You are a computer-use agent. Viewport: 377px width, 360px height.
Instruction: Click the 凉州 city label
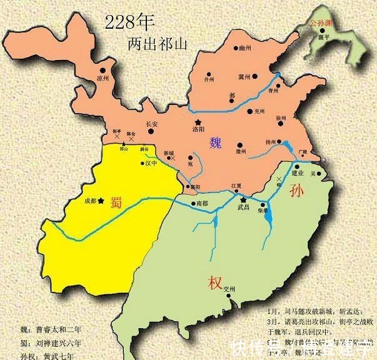tap(103, 79)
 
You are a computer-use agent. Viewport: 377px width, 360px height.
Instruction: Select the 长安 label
tap(152, 124)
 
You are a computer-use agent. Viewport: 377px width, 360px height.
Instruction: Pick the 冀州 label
tap(244, 77)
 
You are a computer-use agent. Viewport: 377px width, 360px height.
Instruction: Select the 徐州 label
tap(281, 118)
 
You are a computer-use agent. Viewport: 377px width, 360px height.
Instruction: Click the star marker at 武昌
tap(243, 199)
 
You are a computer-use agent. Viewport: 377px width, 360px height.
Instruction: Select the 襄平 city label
tap(323, 37)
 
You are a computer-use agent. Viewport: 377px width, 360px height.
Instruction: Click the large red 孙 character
tap(296, 194)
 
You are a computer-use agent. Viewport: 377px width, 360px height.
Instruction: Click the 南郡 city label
tap(201, 204)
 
